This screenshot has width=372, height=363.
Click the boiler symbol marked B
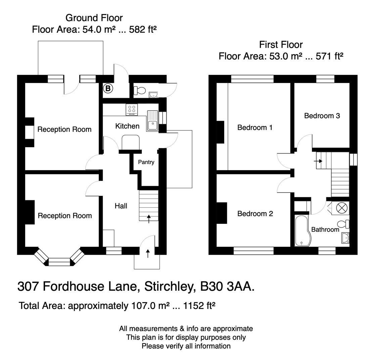tap(108, 88)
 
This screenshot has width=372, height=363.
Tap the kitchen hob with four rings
tap(132, 109)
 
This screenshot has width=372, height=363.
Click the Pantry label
tap(146, 162)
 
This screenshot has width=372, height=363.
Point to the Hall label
tap(121, 206)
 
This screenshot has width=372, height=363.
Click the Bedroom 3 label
tap(322, 116)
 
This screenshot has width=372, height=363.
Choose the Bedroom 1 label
tap(255, 127)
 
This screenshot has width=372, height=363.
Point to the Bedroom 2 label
tap(255, 213)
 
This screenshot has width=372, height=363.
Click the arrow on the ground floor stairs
tap(149, 218)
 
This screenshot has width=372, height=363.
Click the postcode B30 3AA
tap(227, 286)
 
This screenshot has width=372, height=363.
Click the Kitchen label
tap(127, 126)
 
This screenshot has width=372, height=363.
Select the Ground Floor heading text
tap(94, 17)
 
